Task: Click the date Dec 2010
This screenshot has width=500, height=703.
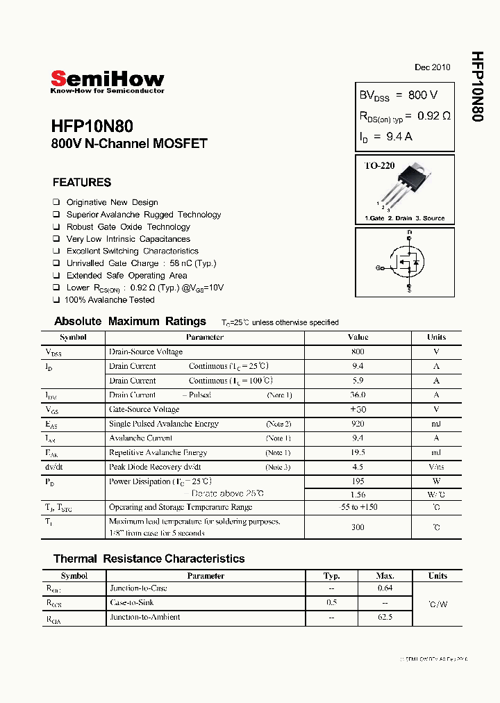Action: tap(432, 67)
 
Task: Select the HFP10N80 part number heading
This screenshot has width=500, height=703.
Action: tap(92, 126)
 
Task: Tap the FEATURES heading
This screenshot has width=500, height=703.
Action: tap(82, 183)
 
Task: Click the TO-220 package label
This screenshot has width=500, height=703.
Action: tap(380, 166)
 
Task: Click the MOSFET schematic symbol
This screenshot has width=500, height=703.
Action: tap(406, 261)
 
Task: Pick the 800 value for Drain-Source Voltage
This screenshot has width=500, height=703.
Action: tap(358, 351)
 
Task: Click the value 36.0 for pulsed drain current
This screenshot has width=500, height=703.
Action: tap(358, 395)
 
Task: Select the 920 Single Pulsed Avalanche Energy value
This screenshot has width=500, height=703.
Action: tap(358, 424)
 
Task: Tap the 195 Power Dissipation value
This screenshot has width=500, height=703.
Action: tap(358, 481)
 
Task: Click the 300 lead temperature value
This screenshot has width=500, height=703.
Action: tap(358, 527)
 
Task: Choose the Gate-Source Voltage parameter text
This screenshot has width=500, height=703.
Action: tap(144, 409)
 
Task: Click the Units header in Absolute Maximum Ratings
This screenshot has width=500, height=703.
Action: tap(436, 337)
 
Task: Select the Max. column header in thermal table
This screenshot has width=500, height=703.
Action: tap(385, 576)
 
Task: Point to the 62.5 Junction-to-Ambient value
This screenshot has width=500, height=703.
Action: tap(385, 617)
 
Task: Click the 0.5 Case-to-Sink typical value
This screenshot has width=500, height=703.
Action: tap(331, 602)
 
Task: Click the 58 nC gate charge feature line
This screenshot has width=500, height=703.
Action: tap(141, 263)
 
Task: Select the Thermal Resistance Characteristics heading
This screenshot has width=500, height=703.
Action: tap(149, 559)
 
